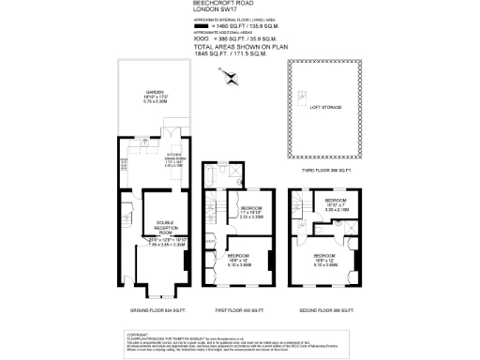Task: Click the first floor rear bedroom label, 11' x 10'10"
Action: click(252, 211)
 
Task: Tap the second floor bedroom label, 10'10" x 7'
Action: click(337, 204)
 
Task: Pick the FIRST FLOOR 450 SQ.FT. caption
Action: click(242, 309)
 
